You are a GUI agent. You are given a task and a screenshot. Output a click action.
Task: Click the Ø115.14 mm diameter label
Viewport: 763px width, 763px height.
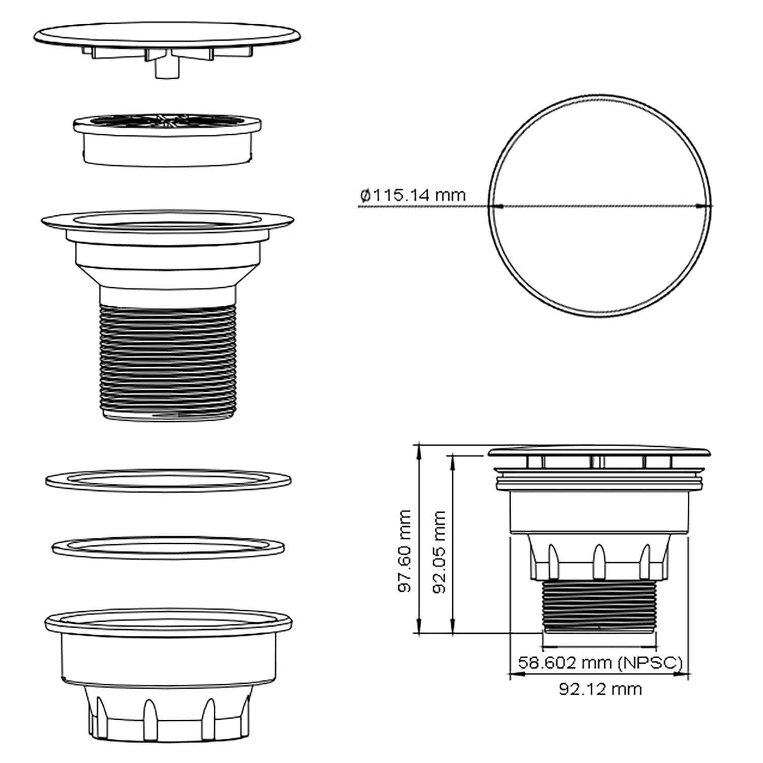[413, 195]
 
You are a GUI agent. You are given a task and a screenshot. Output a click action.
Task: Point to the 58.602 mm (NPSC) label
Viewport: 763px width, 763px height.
[600, 663]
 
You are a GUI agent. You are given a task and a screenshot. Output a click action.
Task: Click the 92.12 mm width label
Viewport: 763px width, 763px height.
[600, 689]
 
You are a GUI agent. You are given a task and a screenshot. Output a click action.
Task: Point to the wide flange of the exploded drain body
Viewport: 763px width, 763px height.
[168, 222]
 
